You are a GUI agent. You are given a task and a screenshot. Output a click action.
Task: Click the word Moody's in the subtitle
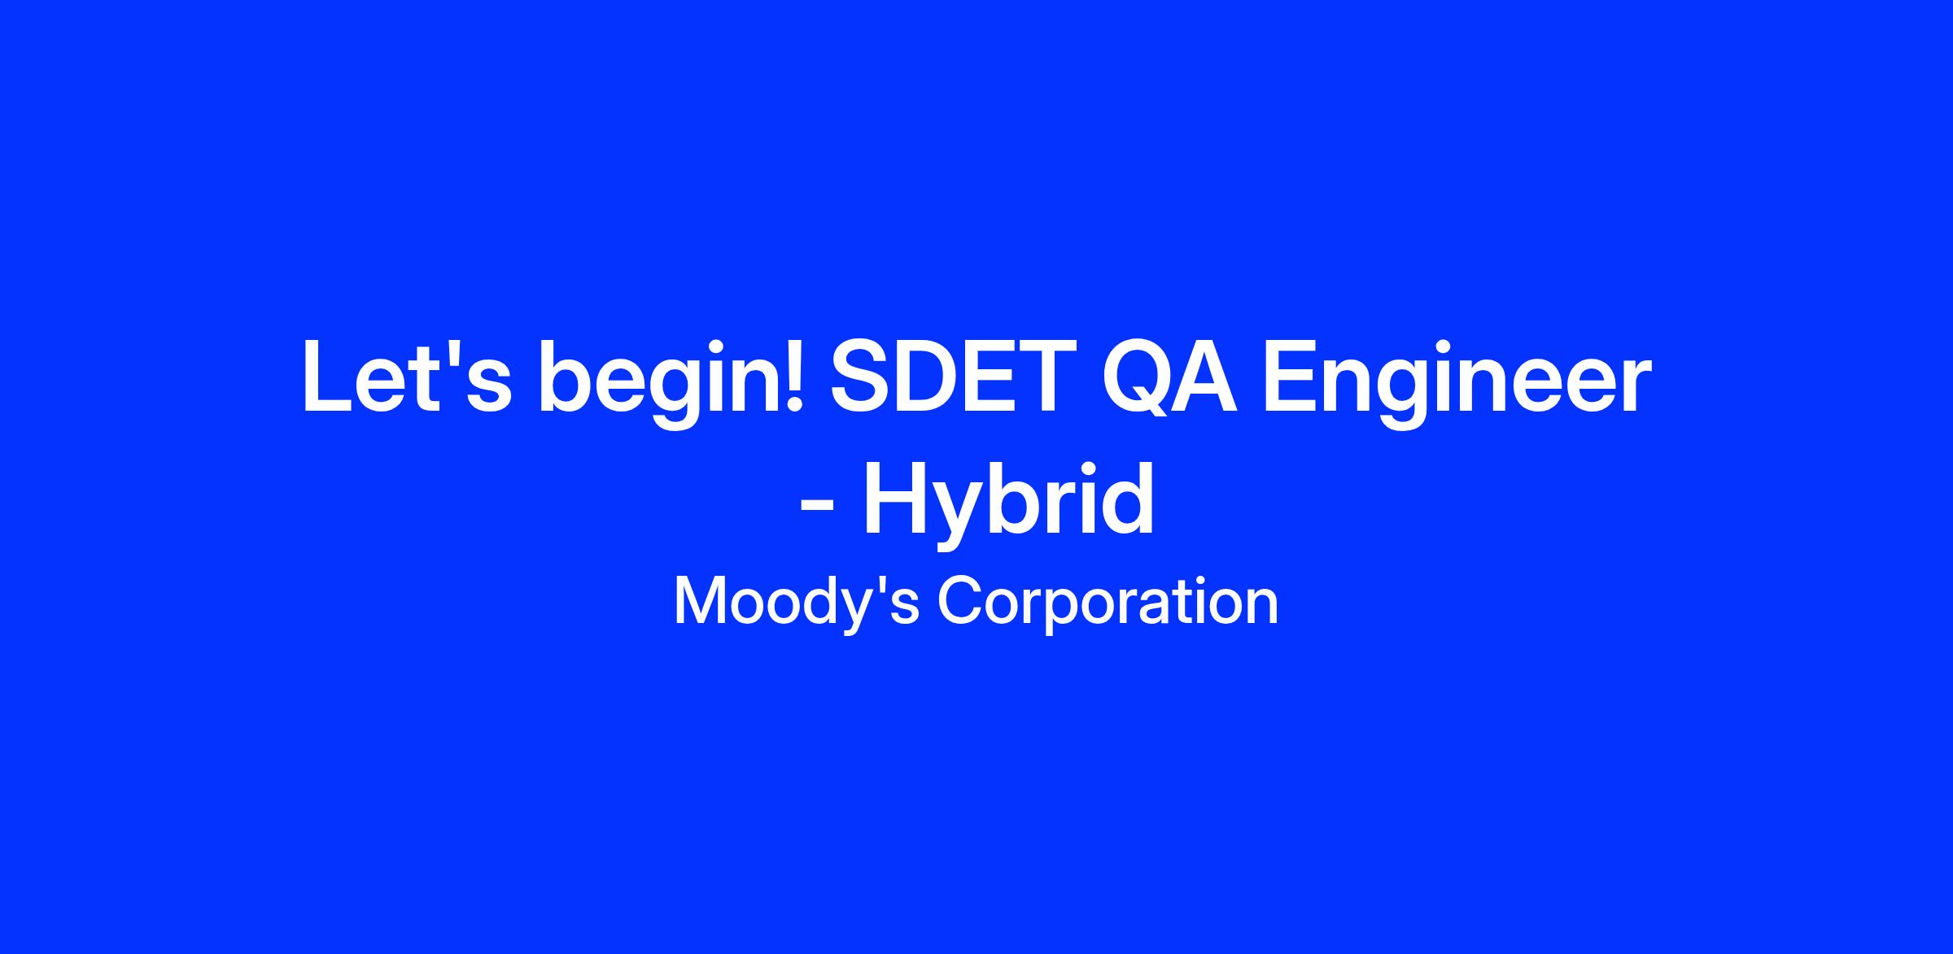tap(795, 602)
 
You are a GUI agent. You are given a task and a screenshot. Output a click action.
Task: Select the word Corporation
tap(1108, 602)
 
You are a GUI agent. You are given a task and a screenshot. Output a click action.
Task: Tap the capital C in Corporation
tap(959, 600)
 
